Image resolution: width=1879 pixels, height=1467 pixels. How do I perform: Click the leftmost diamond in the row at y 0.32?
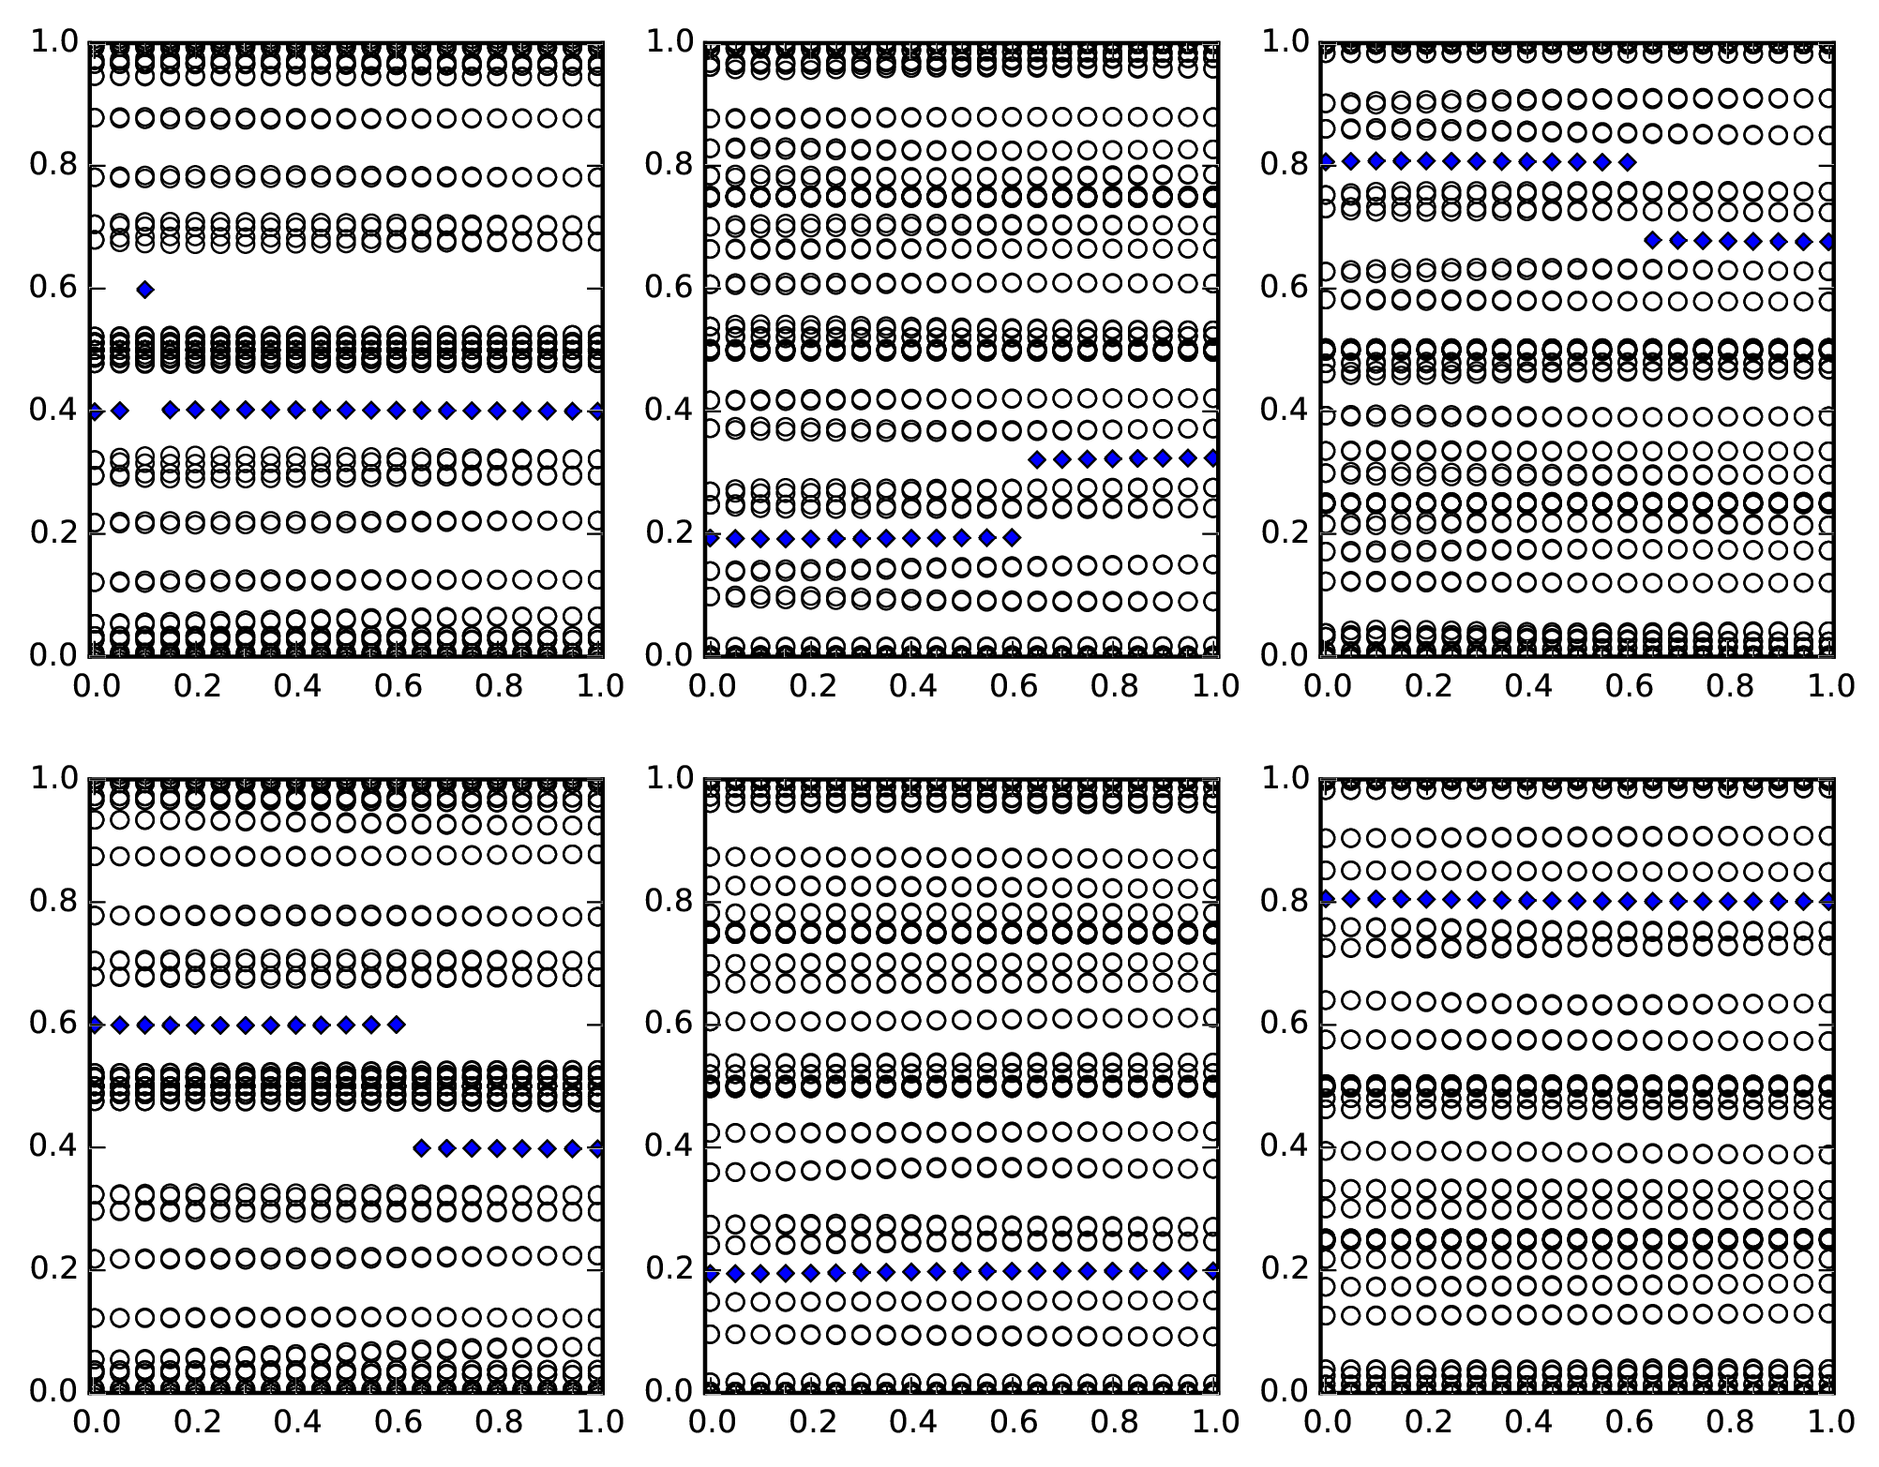coord(1037,459)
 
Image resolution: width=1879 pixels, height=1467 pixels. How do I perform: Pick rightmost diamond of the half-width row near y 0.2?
coord(1011,538)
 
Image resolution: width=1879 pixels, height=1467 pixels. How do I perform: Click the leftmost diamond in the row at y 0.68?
coord(1653,241)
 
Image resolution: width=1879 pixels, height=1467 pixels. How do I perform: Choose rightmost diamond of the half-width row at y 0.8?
coord(1628,162)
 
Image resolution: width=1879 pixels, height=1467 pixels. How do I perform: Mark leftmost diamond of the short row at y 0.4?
coord(421,1147)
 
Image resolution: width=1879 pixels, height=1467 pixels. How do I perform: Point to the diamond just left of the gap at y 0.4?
coord(119,411)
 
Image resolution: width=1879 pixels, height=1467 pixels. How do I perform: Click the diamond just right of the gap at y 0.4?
coord(170,410)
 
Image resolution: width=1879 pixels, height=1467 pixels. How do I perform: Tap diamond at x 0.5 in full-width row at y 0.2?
coord(961,1271)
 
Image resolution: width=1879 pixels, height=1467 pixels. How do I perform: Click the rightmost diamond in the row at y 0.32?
coord(1213,458)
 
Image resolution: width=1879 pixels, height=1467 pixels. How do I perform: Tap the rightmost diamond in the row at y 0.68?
coord(1828,241)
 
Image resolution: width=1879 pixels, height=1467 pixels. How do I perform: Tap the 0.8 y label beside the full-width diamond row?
coord(1284,901)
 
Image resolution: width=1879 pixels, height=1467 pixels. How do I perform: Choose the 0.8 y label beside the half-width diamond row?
coord(1284,165)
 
